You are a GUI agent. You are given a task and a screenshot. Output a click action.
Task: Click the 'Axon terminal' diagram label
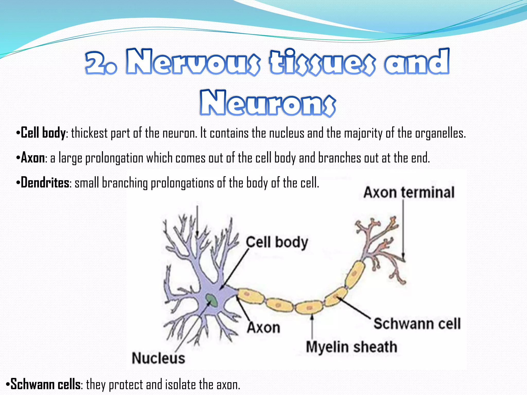point(409,192)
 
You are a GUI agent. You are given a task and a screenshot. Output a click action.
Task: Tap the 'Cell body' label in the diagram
point(277,242)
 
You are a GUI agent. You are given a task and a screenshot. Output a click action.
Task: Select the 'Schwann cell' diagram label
point(417,324)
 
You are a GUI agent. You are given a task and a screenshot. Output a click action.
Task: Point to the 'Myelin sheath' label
point(351,347)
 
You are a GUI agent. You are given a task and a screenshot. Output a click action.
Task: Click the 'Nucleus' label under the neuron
point(158,358)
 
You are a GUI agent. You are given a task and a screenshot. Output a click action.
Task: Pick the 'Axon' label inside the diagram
point(263,328)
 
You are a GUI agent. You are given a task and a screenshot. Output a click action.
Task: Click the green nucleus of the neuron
point(212,300)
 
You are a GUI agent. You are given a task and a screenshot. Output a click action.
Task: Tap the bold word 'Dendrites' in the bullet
point(45,183)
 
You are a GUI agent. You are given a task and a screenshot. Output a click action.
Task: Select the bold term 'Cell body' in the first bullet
point(43,133)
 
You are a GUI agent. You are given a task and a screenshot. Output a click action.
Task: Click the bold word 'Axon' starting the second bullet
point(33,158)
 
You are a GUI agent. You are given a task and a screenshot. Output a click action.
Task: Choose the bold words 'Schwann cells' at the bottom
point(45,384)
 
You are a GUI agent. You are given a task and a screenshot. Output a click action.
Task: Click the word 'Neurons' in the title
point(268,103)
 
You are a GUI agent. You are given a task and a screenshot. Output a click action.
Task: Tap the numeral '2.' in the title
point(101,63)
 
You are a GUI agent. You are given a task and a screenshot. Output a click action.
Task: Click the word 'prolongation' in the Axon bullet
point(114,158)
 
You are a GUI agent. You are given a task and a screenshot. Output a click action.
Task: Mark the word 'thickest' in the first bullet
point(89,133)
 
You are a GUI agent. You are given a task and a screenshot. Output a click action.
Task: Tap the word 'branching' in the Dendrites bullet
point(125,183)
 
